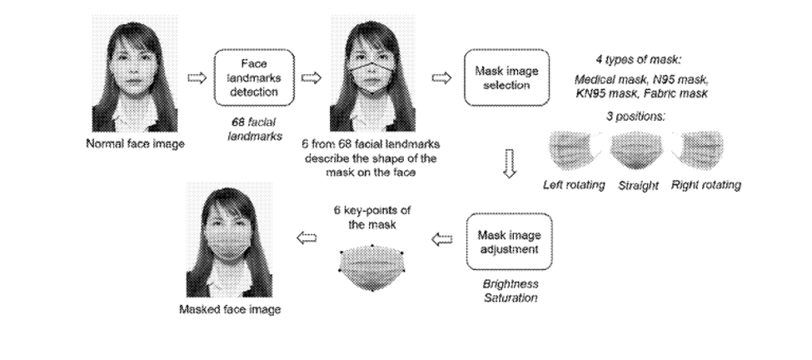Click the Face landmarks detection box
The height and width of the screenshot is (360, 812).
(x=254, y=77)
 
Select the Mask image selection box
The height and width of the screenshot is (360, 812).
(x=506, y=77)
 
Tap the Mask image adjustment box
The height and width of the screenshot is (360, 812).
(x=509, y=242)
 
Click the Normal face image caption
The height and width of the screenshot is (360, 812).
(x=135, y=144)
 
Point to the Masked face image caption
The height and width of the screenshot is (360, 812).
(x=230, y=310)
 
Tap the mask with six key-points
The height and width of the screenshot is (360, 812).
(x=371, y=267)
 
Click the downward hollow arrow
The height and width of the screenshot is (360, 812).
(x=510, y=164)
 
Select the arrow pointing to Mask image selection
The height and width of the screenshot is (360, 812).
(x=441, y=77)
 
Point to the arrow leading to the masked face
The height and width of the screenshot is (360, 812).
(x=306, y=237)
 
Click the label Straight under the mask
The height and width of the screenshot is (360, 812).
(x=638, y=186)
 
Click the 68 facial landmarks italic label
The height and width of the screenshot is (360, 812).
(x=254, y=129)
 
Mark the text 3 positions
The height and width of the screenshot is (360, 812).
(x=636, y=117)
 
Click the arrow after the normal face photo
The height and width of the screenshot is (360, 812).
(x=197, y=77)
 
